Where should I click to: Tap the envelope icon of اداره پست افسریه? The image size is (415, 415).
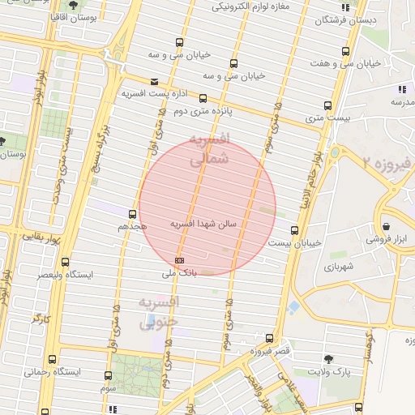(x=155, y=81)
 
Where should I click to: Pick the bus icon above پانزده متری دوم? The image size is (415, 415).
(x=203, y=98)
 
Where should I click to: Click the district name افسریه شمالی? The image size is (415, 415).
(x=209, y=149)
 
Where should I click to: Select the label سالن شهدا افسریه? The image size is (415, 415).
(x=203, y=223)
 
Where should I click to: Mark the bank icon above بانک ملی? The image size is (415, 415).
(x=179, y=259)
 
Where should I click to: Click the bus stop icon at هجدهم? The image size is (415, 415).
(x=132, y=214)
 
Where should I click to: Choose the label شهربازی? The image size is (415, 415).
(x=340, y=266)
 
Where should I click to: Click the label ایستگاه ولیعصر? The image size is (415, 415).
(x=66, y=275)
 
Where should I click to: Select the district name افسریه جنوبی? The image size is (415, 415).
(x=158, y=313)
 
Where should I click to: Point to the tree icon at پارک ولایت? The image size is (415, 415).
(x=328, y=358)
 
